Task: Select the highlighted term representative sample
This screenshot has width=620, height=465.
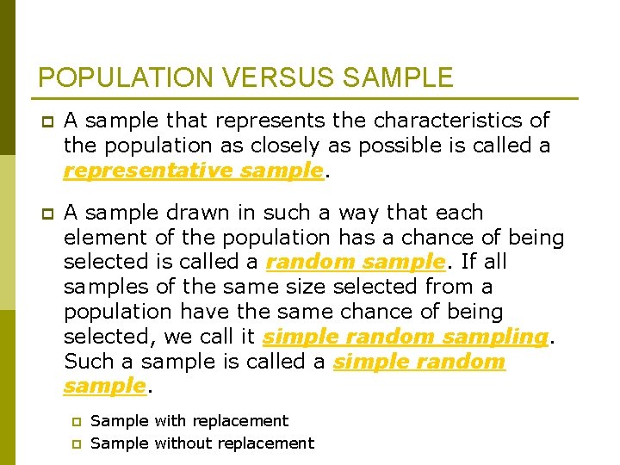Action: (x=193, y=170)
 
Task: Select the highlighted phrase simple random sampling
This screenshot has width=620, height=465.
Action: (x=405, y=336)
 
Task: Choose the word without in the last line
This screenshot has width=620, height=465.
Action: (x=185, y=443)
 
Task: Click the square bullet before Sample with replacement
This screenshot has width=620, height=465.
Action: (x=75, y=422)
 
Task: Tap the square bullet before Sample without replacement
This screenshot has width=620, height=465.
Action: (x=75, y=444)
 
